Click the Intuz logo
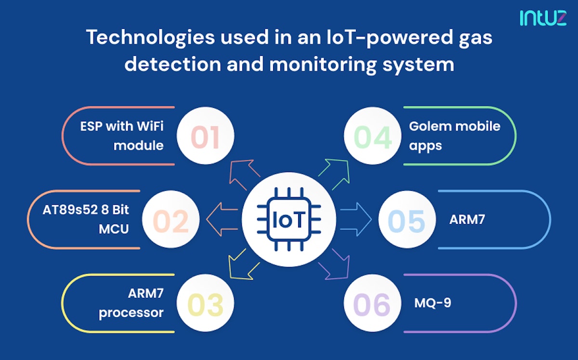click(x=543, y=18)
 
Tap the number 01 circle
click(x=205, y=136)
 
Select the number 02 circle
click(x=171, y=219)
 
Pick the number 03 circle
click(x=205, y=303)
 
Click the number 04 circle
click(x=373, y=136)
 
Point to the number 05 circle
click(x=407, y=219)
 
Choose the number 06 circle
click(x=373, y=303)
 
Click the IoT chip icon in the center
click(x=289, y=219)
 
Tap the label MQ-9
click(x=433, y=303)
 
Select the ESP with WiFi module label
click(x=122, y=136)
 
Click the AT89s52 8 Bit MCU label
click(x=86, y=219)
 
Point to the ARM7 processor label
click(x=131, y=303)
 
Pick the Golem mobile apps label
click(x=455, y=136)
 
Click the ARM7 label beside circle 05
click(x=467, y=219)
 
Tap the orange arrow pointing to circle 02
click(x=222, y=219)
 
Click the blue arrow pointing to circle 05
click(x=356, y=219)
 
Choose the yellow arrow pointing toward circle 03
click(x=244, y=264)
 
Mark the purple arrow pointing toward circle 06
click(x=334, y=264)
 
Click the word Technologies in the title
click(x=151, y=38)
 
